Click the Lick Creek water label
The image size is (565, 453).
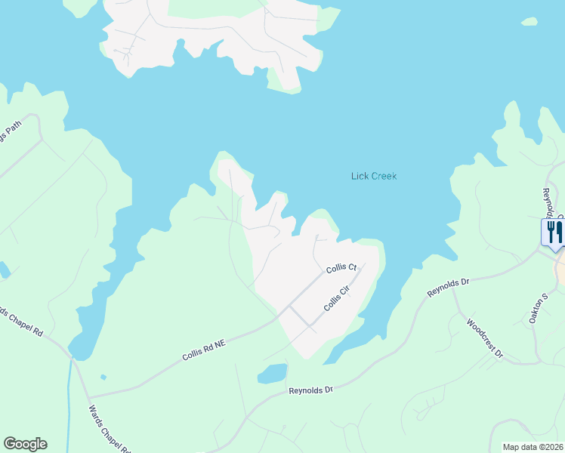(x=374, y=176)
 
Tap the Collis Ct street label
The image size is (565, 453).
(x=341, y=269)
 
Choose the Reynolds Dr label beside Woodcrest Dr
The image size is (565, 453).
(x=449, y=287)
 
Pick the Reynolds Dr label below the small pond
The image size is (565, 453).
(x=310, y=390)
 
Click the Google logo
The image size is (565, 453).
(x=25, y=444)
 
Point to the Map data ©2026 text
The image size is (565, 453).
(x=533, y=447)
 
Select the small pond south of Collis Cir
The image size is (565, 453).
(x=273, y=373)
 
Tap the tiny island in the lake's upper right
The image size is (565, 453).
(x=529, y=21)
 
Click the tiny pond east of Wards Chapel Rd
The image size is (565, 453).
(x=102, y=377)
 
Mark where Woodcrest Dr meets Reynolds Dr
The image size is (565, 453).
(x=453, y=289)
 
